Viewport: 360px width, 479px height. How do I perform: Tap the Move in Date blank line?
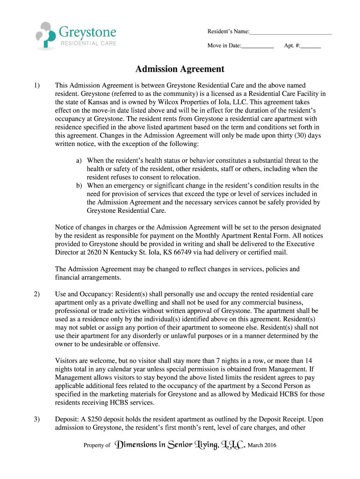click(x=258, y=46)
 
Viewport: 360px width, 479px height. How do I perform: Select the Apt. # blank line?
click(x=311, y=46)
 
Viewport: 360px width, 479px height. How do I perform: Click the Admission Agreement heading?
click(x=180, y=69)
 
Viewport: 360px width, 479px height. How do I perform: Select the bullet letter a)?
click(x=80, y=160)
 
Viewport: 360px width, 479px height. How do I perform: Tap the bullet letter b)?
click(x=80, y=186)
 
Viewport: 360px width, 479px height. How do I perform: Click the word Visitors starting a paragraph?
click(x=66, y=361)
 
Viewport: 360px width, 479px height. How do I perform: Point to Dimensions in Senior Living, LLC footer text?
click(x=180, y=445)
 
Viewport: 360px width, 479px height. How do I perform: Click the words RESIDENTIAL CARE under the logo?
click(x=88, y=44)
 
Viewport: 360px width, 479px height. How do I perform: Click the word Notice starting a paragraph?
click(x=65, y=228)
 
